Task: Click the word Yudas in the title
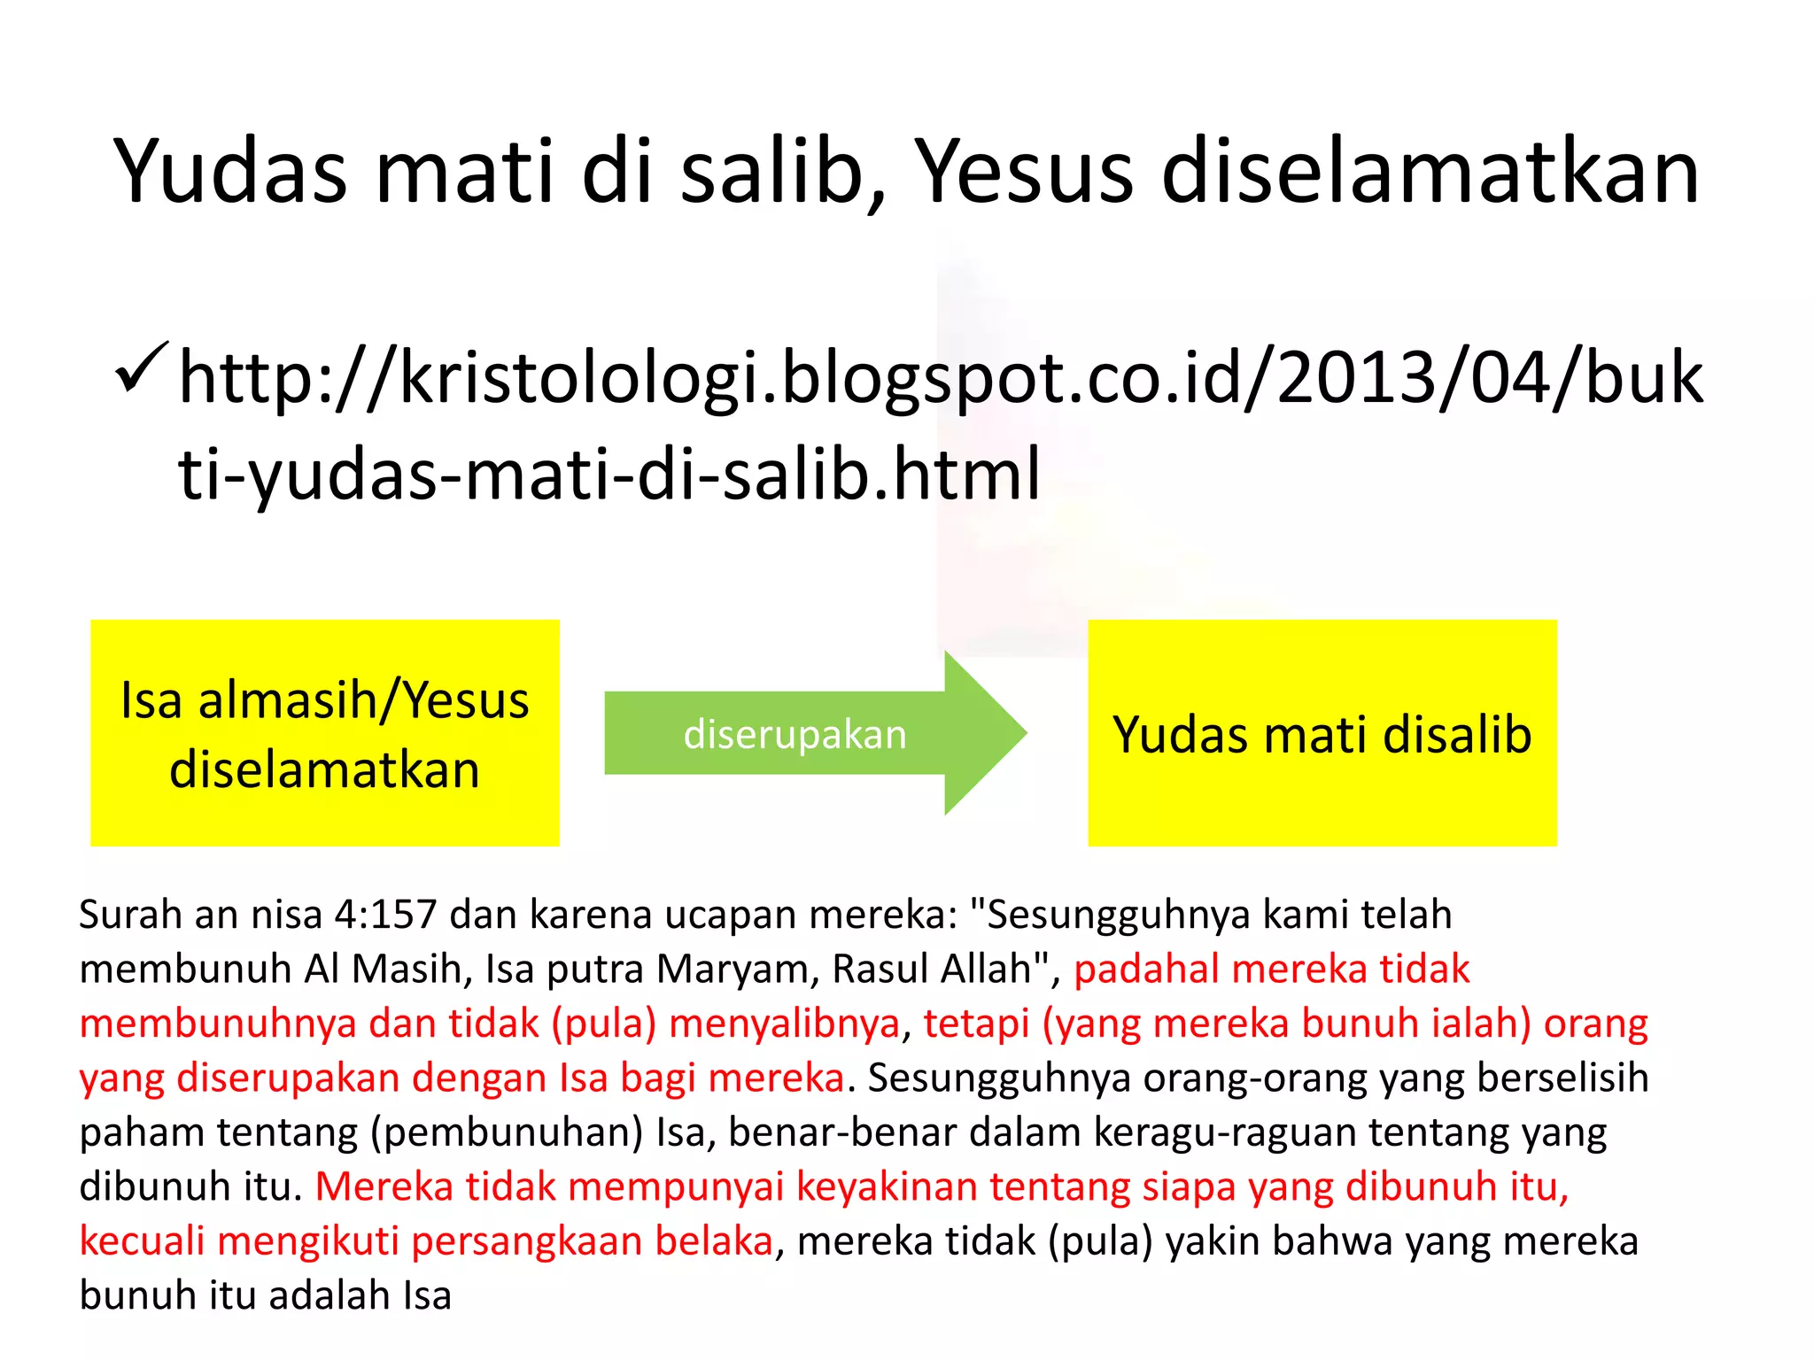[x=230, y=172]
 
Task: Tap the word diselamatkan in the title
[x=1430, y=172]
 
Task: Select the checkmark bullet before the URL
[x=140, y=369]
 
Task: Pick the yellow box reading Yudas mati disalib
[x=1322, y=733]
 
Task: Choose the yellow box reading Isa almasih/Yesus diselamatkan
[x=325, y=733]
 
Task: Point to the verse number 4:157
[x=386, y=915]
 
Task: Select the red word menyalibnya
[x=785, y=1024]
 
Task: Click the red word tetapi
[x=976, y=1024]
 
